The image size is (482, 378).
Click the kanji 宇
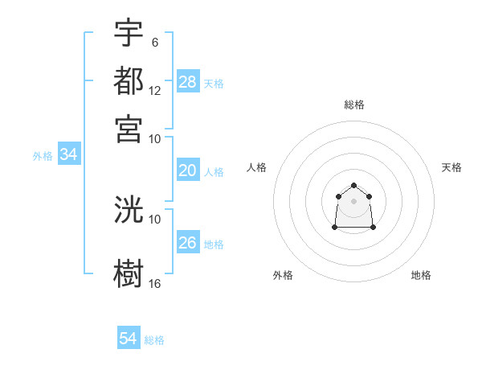129,33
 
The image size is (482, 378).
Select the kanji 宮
129,128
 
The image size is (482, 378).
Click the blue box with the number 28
188,82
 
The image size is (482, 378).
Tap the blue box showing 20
188,171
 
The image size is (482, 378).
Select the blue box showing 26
188,243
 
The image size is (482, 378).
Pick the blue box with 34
68,155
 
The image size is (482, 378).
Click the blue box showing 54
129,339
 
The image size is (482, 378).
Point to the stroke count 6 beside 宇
154,42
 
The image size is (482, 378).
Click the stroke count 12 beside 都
155,90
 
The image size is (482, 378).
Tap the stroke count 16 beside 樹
155,283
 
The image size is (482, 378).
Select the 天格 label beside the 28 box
214,83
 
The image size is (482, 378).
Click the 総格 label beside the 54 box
154,340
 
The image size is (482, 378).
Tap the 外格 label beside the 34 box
42,156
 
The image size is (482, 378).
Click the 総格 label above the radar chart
354,105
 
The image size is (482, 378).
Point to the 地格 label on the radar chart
421,275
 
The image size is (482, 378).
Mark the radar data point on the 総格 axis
354,186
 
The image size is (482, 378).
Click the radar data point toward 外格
335,228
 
